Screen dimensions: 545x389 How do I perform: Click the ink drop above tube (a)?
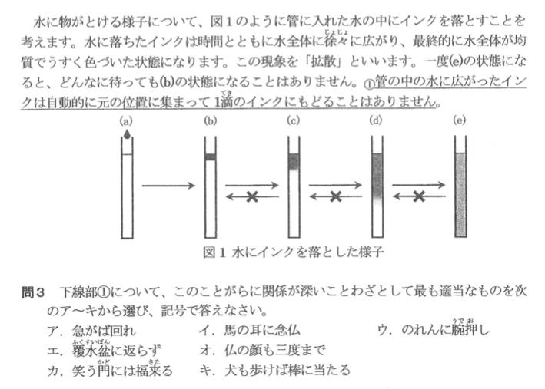[126, 135]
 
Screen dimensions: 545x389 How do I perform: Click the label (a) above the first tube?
[126, 121]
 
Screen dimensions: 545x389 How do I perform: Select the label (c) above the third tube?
[293, 121]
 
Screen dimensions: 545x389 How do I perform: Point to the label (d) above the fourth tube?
[377, 121]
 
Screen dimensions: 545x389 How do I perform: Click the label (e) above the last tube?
[460, 121]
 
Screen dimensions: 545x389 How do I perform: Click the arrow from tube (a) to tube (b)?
[167, 185]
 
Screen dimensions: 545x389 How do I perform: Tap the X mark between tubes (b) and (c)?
[251, 197]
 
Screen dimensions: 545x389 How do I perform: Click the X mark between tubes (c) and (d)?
[335, 197]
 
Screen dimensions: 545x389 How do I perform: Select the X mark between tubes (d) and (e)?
[418, 197]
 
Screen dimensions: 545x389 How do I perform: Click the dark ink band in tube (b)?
[210, 157]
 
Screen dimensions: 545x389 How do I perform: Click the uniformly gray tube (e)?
[460, 196]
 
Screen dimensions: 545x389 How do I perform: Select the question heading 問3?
[35, 292]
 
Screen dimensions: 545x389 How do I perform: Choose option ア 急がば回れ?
[91, 330]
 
